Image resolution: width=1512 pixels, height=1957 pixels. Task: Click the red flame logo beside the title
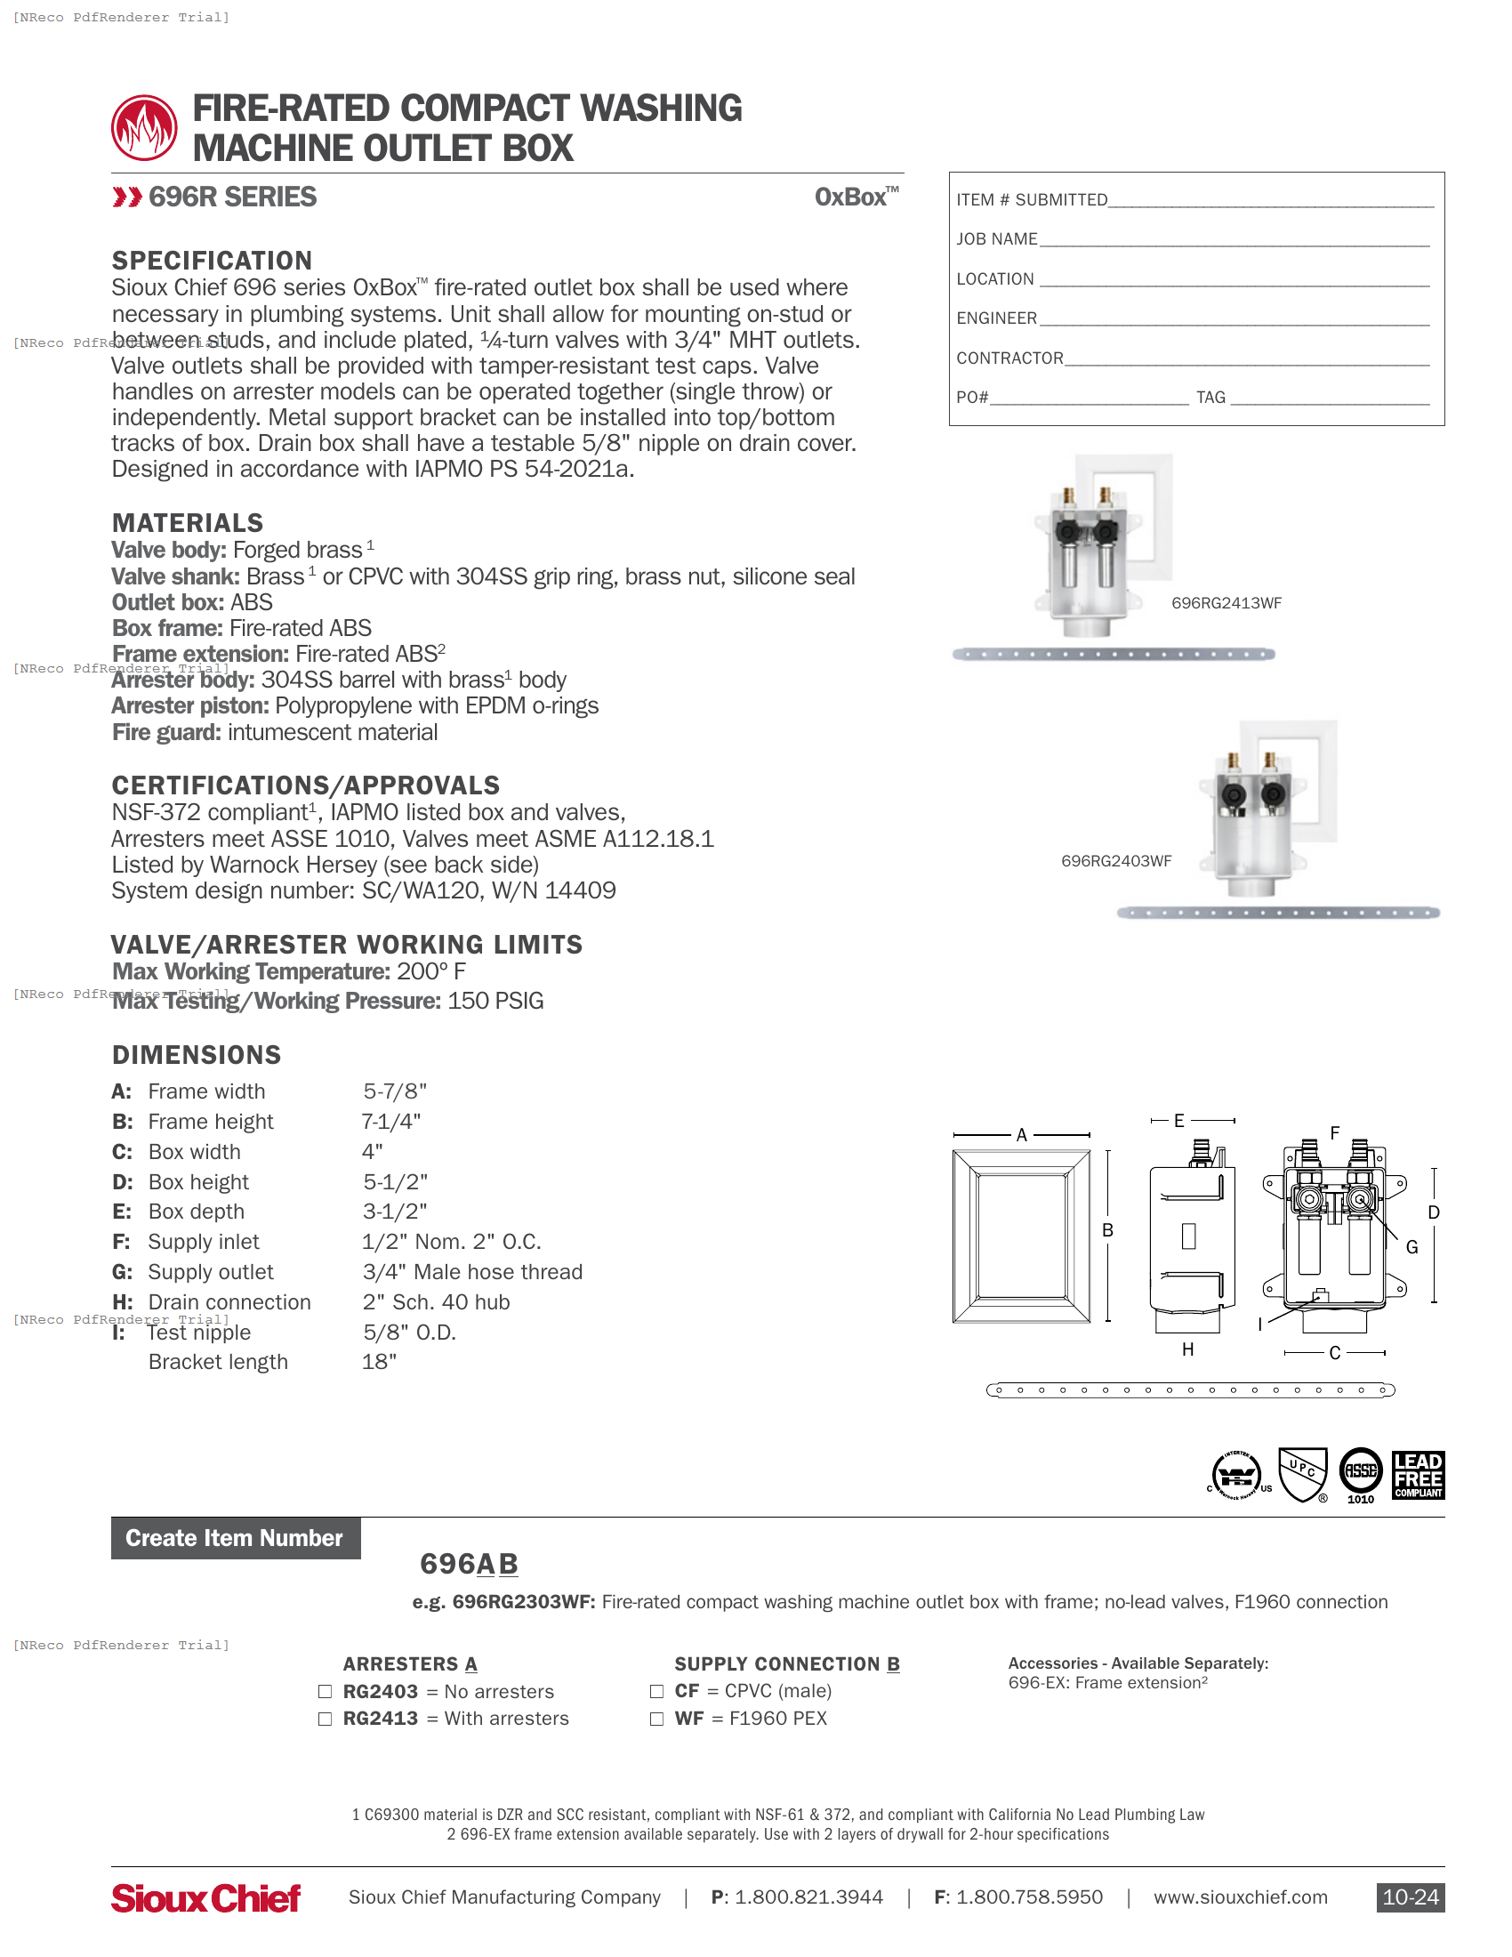pos(143,128)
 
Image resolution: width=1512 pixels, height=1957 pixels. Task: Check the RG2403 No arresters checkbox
pos(326,1692)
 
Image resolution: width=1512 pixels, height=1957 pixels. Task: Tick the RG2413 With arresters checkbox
pos(326,1719)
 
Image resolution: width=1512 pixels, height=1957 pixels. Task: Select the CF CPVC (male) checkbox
pos(656,1691)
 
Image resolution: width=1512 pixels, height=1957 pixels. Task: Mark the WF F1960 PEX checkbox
pos(656,1719)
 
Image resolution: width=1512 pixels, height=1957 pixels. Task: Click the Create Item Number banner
pos(235,1538)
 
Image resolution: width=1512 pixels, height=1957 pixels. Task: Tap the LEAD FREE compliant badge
pos(1418,1475)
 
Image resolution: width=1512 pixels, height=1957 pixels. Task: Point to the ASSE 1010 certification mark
pos(1360,1473)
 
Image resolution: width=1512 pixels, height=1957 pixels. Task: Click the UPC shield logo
pos(1302,1473)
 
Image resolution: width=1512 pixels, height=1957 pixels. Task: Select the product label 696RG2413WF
pos(1226,603)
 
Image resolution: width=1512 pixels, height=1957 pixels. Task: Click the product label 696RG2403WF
pos(1116,861)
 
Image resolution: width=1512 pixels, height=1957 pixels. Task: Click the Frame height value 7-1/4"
pos(390,1122)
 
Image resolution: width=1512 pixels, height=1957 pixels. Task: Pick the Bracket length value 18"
pos(379,1362)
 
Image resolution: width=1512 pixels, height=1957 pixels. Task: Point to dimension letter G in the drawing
pos(1411,1246)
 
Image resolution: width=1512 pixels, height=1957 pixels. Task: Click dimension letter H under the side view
pos(1187,1349)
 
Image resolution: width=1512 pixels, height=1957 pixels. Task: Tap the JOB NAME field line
pos(1235,240)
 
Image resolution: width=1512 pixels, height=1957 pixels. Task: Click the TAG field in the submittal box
pos(1330,398)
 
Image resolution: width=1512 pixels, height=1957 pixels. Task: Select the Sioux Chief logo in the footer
pos(205,1898)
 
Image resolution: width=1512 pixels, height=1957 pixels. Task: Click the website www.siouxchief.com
pos(1240,1897)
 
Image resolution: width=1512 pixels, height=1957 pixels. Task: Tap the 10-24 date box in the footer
pos(1410,1897)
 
